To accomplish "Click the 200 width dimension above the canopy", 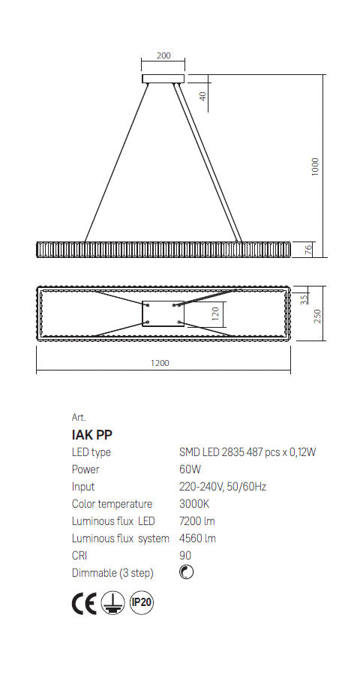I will pos(163,55).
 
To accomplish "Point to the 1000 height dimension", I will pos(316,166).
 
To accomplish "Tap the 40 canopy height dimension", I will pos(202,96).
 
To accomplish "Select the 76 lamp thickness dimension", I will pos(307,249).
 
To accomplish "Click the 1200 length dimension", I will pos(160,364).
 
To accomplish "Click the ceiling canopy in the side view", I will pos(163,78).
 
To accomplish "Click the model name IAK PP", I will pos(92,434).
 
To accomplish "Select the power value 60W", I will pos(190,469).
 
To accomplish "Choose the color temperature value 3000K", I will pos(195,504).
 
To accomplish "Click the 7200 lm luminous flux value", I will pos(198,521).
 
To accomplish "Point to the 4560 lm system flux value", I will pos(198,538).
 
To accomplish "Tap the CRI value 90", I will pos(186,556).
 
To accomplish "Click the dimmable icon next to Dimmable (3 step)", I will pos(187,573).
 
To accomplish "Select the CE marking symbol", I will pos(84,603).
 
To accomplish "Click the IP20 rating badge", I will pos(142,602).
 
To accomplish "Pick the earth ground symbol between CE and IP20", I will pos(113,603).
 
